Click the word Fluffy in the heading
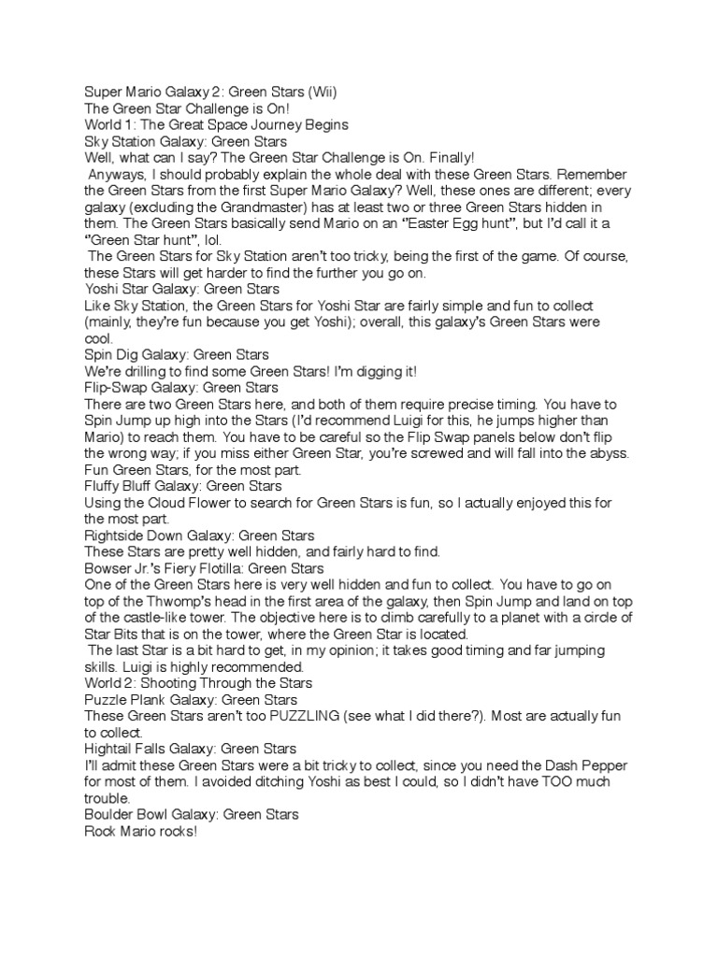[x=106, y=486]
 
